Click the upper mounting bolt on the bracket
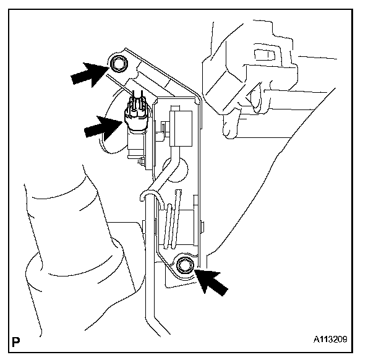tap(117, 63)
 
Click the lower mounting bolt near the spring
tap(184, 266)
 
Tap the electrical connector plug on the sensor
tap(137, 115)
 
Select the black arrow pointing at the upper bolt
tap(87, 72)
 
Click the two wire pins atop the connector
tap(138, 98)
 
